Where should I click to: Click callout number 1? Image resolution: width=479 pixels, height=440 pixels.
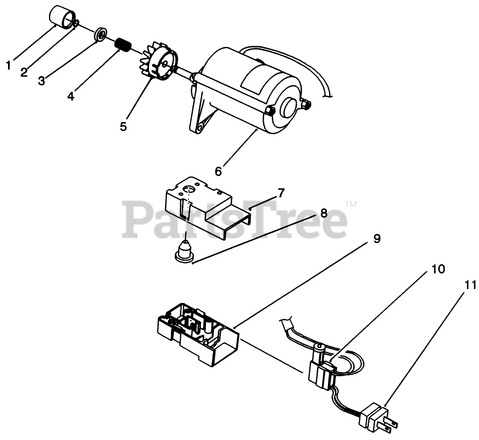click(8, 65)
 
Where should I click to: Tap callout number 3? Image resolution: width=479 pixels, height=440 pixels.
click(41, 80)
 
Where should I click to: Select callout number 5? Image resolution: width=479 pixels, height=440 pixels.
click(123, 126)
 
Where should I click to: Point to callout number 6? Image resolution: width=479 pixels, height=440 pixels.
click(218, 171)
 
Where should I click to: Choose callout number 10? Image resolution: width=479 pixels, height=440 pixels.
click(438, 269)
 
